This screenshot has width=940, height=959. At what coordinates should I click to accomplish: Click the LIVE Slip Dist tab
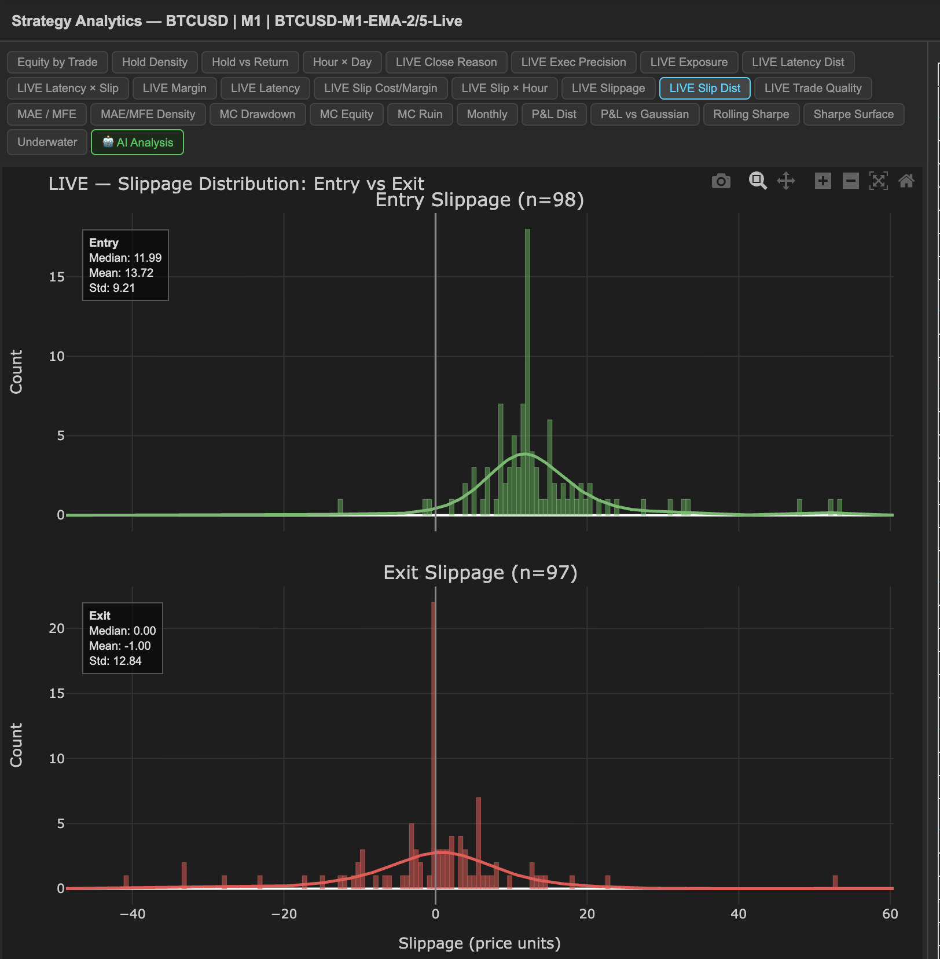click(x=704, y=88)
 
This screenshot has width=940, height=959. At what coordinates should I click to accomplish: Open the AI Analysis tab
click(x=137, y=142)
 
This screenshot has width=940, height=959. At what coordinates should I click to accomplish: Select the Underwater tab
click(x=47, y=142)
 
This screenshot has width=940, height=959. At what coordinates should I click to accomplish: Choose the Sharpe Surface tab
click(x=853, y=114)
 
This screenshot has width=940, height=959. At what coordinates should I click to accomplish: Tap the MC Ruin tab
click(x=420, y=114)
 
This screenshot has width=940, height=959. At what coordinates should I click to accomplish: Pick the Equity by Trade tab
click(x=57, y=62)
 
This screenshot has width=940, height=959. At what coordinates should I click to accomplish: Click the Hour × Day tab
click(x=342, y=62)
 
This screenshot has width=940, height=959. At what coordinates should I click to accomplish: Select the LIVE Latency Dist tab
click(x=798, y=62)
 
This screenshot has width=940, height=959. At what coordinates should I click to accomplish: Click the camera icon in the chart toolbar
click(x=721, y=181)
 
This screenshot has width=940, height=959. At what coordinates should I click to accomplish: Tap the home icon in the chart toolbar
click(x=906, y=181)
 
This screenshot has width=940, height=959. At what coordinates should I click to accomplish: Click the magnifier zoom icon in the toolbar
click(x=758, y=181)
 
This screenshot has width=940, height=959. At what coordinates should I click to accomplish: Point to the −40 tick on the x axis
click(x=132, y=914)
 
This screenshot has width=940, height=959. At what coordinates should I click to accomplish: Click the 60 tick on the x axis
click(x=890, y=914)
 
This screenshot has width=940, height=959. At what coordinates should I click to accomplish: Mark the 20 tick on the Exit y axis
click(x=57, y=628)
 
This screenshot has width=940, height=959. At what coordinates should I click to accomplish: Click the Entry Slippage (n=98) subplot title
click(x=479, y=200)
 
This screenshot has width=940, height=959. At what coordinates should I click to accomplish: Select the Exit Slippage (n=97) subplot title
click(x=480, y=573)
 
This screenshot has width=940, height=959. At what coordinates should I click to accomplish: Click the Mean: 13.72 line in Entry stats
click(x=121, y=273)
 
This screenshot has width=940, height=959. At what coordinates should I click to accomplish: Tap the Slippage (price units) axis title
click(x=479, y=943)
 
